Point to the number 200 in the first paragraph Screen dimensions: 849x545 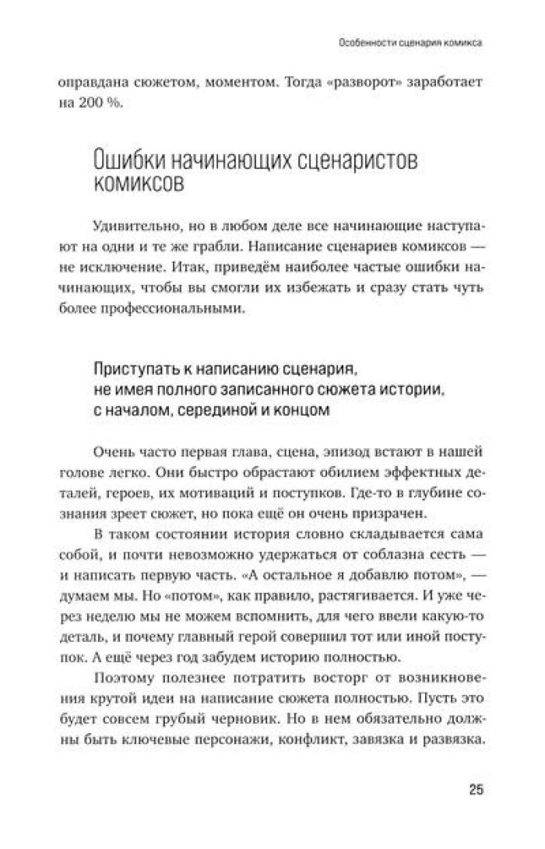point(89,105)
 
